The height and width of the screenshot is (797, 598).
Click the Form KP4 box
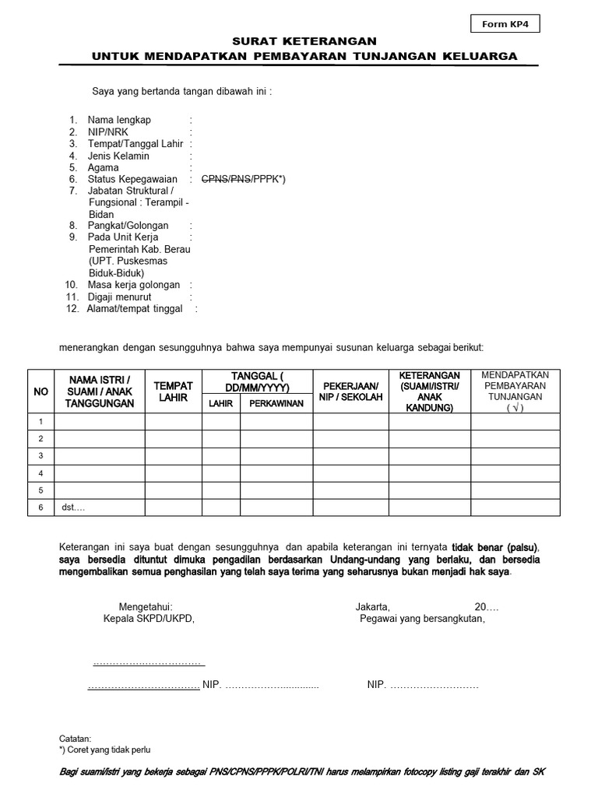point(505,24)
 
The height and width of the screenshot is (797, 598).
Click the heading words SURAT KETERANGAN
point(304,41)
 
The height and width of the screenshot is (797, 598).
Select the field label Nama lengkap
point(119,120)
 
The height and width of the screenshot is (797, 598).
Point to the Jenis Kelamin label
point(118,156)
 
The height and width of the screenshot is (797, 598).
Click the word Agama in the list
point(104,167)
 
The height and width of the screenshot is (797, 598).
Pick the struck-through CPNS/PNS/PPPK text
point(243,179)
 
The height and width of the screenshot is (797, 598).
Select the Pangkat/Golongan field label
point(128,226)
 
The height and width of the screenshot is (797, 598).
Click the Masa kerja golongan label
point(134,285)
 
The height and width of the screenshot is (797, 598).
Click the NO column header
point(40,391)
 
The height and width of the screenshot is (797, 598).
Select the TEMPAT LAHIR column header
point(173,391)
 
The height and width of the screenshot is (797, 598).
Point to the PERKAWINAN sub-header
point(276,403)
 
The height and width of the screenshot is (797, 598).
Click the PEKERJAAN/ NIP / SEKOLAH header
point(350,391)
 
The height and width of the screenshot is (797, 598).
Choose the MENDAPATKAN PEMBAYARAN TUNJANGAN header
point(515,391)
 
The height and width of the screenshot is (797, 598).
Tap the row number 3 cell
point(40,455)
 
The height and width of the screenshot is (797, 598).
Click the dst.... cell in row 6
point(73,507)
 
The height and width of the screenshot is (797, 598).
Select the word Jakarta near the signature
point(372,606)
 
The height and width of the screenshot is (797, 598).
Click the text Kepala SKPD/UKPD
point(148,619)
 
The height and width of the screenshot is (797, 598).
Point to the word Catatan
point(75,738)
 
